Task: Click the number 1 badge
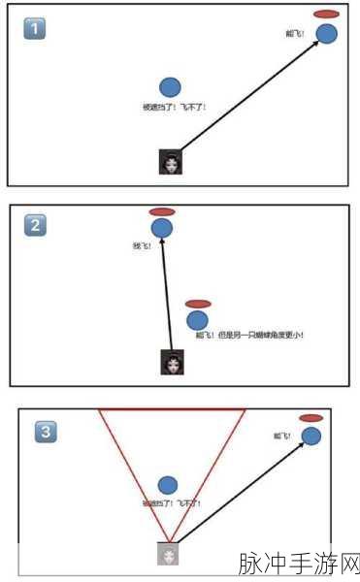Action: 34,29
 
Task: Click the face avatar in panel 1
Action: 171,162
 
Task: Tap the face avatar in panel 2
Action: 172,362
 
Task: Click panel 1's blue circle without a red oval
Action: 170,88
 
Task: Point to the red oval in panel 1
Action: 327,15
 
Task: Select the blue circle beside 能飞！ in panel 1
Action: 327,34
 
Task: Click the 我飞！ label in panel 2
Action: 142,245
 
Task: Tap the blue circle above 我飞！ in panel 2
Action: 162,228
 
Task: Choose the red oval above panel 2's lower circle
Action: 198,304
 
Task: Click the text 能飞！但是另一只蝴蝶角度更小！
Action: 249,336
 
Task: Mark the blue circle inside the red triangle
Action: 168,485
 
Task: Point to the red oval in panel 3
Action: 311,418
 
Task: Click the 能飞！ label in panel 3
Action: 282,436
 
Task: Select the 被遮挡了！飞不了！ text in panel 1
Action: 175,107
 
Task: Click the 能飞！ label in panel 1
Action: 295,34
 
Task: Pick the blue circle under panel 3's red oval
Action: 311,436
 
